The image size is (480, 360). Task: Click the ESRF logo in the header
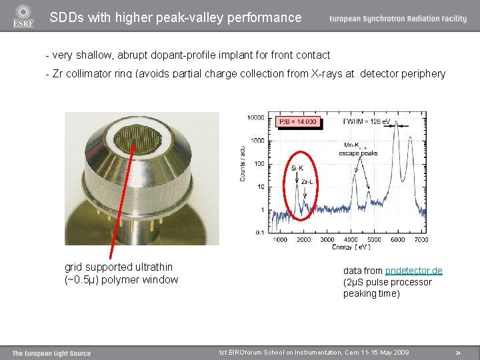pos(23,17)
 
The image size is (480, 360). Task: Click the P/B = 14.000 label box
pos(298,121)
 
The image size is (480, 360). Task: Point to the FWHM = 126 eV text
pos(366,122)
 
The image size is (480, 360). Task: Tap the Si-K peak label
pos(297,168)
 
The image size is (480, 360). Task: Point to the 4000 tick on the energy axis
pos(351,239)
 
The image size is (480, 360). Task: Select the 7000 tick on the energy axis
pos(421,239)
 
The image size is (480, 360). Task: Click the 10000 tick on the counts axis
pos(255,118)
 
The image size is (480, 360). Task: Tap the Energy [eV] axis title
pos(351,247)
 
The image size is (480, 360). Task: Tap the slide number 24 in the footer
pos(458,353)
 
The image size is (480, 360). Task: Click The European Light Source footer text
pos(51,353)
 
